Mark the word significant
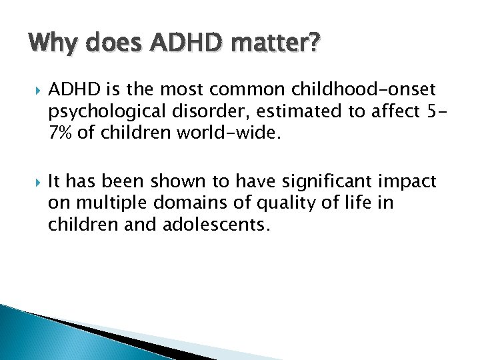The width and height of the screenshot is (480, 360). click(x=334, y=181)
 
